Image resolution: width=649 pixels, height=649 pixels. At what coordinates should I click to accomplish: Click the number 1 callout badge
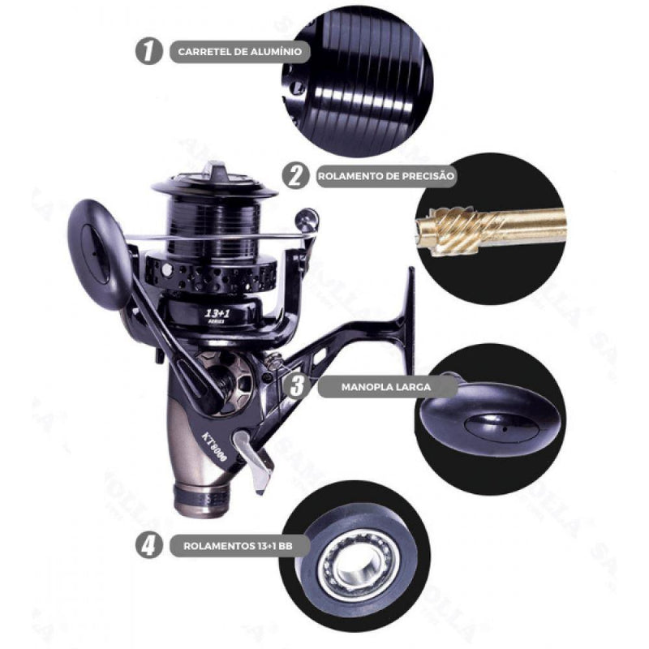146,52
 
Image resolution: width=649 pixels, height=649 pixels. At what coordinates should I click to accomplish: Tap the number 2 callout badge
296,175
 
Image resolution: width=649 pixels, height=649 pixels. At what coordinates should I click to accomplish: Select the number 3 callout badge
296,384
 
